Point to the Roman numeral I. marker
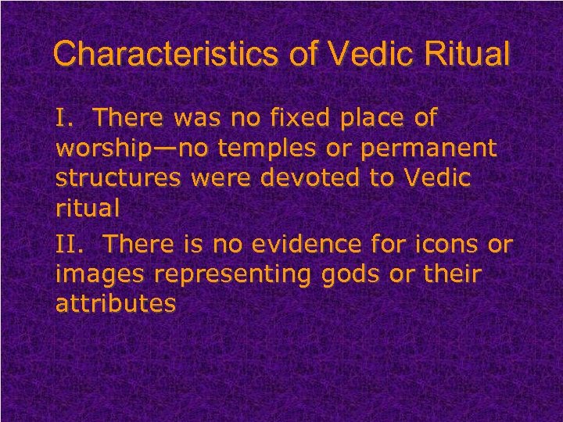(66, 119)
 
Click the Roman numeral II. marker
(73, 245)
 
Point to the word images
(103, 274)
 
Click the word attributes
(115, 304)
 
